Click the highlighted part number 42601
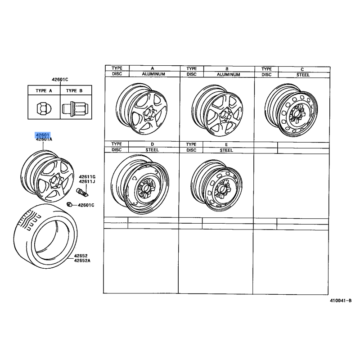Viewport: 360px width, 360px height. tap(43, 135)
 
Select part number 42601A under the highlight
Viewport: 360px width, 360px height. tap(44, 139)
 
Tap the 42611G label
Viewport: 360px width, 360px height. tap(87, 177)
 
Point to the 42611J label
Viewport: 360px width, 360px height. tap(87, 182)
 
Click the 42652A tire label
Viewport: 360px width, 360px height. tap(82, 261)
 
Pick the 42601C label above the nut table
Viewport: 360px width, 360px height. tap(60, 80)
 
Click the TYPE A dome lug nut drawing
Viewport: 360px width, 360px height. tap(44, 108)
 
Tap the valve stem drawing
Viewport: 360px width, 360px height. tap(82, 192)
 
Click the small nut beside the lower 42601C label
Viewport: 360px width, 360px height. tap(69, 204)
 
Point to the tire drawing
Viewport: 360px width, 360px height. tap(45, 236)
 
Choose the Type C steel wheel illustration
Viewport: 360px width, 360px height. tap(291, 110)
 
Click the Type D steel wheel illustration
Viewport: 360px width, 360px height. tap(140, 184)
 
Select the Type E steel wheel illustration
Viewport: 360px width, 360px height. tap(216, 186)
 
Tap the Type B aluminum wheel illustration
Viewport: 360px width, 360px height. tap(217, 110)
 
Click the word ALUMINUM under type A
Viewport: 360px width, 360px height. tap(153, 74)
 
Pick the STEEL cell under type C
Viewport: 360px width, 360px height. tap(303, 75)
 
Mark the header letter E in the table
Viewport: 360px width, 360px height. tap(226, 144)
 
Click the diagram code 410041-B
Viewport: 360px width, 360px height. tap(341, 301)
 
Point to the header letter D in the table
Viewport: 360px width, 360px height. tap(152, 144)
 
